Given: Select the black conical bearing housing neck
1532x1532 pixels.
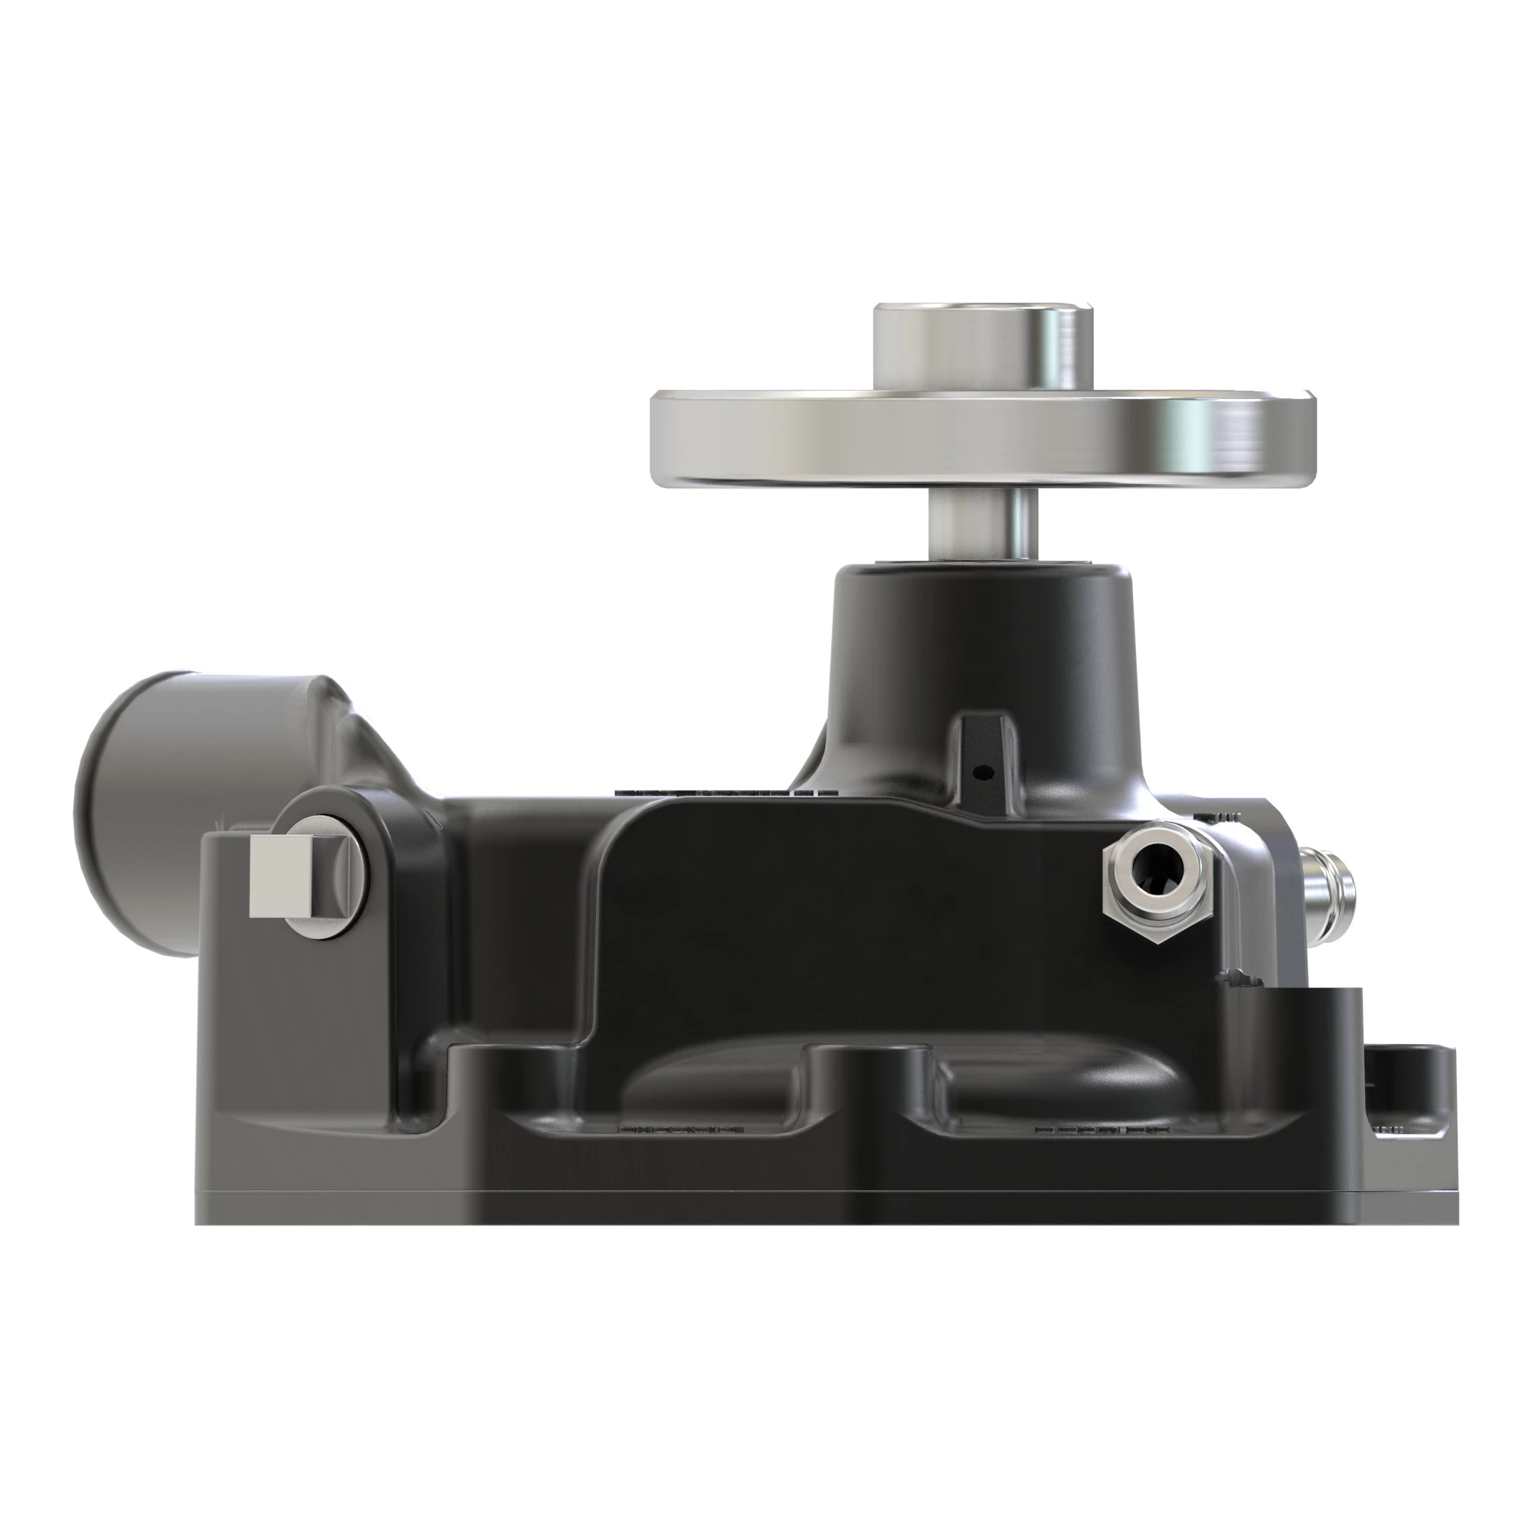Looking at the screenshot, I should [975, 634].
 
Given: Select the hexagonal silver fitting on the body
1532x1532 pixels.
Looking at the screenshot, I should [1157, 880].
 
